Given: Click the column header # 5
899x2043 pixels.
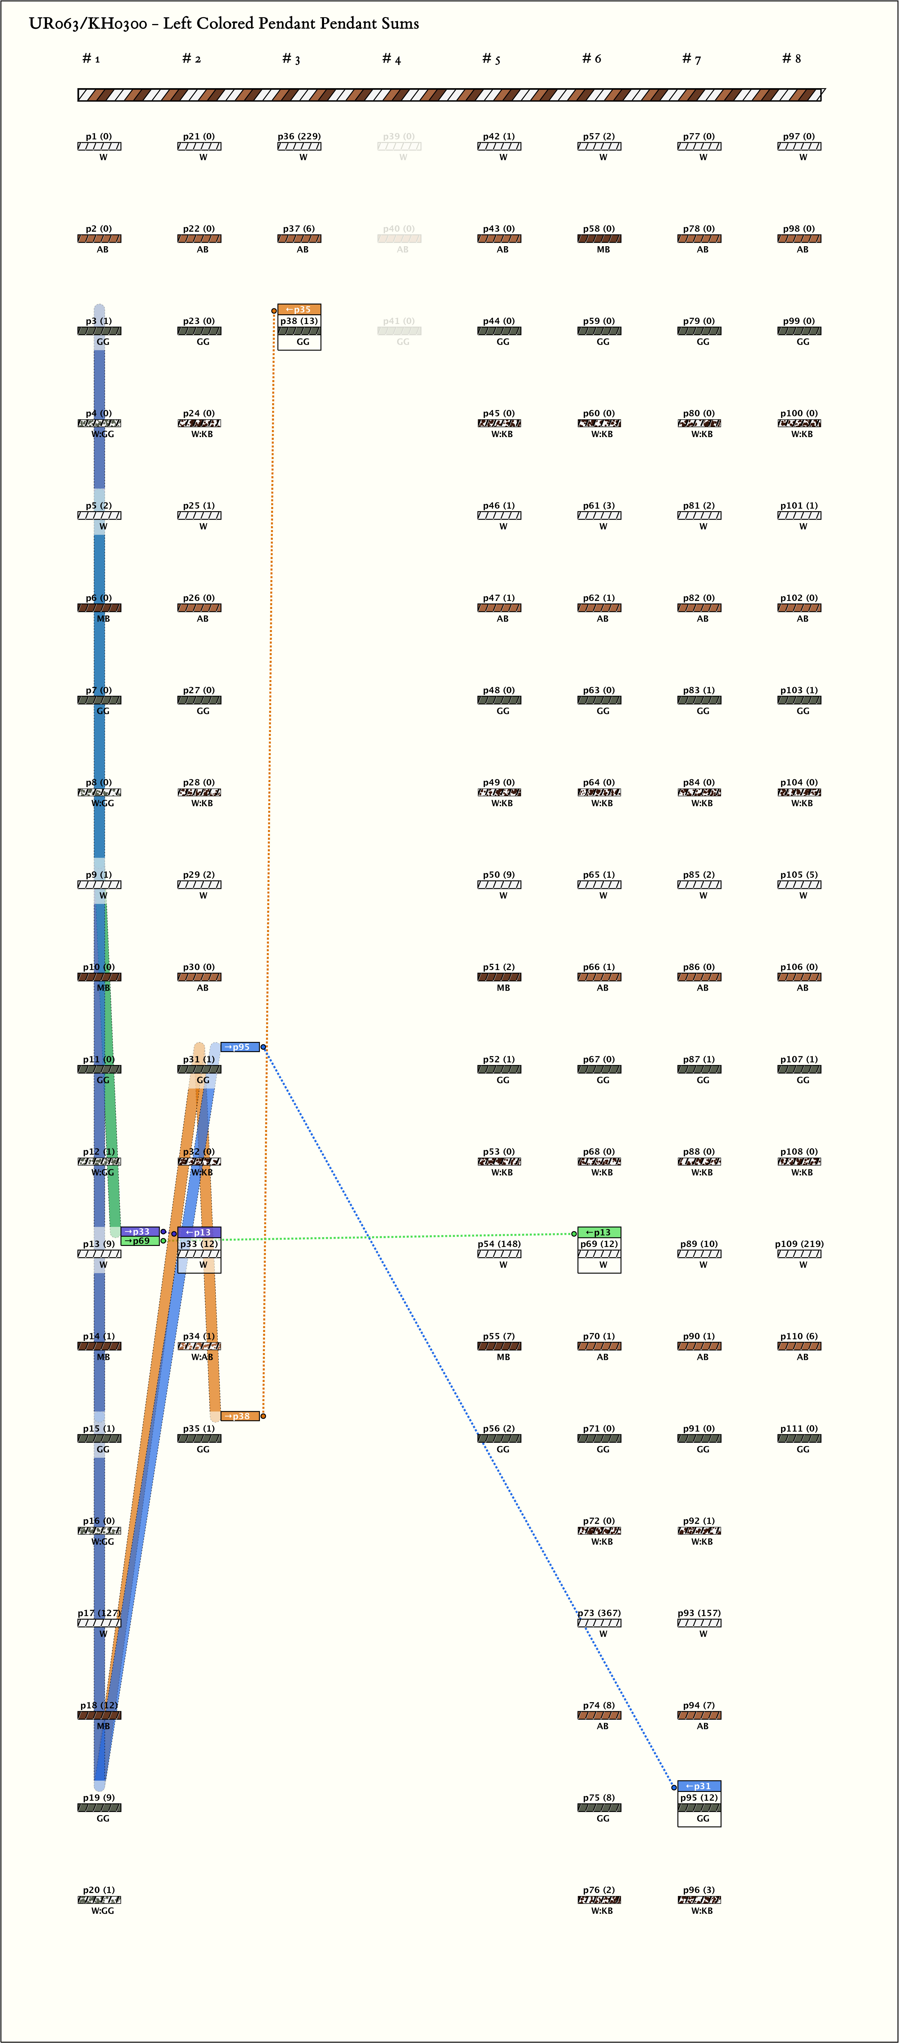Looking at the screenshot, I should click(491, 59).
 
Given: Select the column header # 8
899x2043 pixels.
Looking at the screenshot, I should click(791, 59).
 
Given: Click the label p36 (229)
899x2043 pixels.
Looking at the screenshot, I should click(299, 136).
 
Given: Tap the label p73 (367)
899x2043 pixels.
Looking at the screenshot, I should click(599, 1613).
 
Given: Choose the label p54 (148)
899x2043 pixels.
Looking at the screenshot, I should click(499, 1244).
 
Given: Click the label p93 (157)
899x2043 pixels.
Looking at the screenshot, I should click(699, 1613).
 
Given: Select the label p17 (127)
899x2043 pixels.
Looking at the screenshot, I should click(99, 1613).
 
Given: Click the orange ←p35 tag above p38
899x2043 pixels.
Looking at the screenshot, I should click(299, 309).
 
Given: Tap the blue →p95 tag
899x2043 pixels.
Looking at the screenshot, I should click(240, 1047).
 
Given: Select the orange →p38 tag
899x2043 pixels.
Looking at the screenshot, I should click(240, 1416).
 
